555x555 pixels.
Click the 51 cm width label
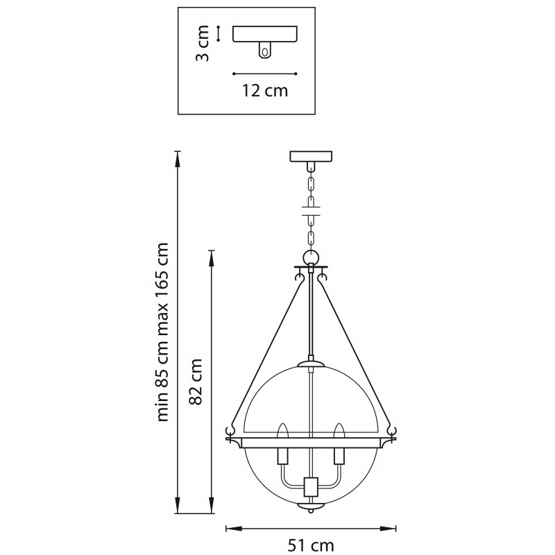[311, 545]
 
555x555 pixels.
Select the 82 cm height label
[196, 382]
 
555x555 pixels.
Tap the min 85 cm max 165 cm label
[162, 332]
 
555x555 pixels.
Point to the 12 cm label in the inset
[265, 91]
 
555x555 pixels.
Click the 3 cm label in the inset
[203, 43]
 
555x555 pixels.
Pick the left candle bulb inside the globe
[282, 432]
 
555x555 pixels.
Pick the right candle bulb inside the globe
[339, 432]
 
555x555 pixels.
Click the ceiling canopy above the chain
[311, 157]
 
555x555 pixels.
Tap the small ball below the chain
[311, 257]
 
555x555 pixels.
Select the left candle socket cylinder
[282, 456]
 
